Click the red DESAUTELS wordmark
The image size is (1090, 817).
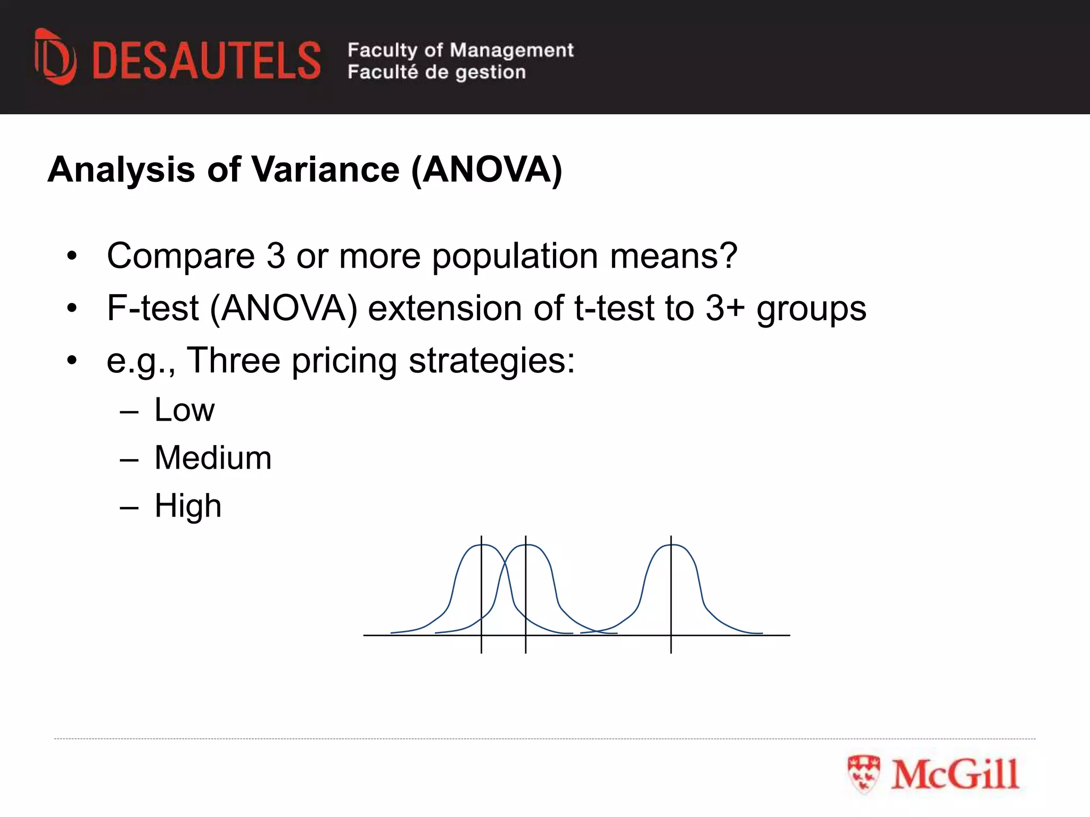click(x=207, y=61)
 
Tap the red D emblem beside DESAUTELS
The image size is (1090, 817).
click(x=55, y=57)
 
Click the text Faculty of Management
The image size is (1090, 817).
click(x=460, y=50)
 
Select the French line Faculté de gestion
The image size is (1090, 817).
click(x=436, y=72)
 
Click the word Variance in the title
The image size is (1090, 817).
click(x=325, y=170)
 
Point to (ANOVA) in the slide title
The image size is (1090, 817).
click(x=486, y=170)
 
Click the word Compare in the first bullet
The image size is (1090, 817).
click(x=181, y=256)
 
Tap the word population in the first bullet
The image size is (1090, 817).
click(x=515, y=256)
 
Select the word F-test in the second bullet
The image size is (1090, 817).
click(x=153, y=308)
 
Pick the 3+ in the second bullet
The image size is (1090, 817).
click(x=724, y=308)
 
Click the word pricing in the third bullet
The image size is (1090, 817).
click(x=344, y=361)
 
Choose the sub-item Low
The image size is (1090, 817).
click(x=184, y=410)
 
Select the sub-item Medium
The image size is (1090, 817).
click(x=213, y=457)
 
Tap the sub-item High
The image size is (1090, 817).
click(x=188, y=505)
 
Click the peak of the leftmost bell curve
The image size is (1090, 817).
click(x=482, y=545)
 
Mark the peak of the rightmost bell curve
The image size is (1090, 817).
click(x=671, y=545)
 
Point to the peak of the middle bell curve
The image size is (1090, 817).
click(x=526, y=545)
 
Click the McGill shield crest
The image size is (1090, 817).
click(x=864, y=774)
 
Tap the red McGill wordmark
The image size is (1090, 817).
click(x=955, y=774)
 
